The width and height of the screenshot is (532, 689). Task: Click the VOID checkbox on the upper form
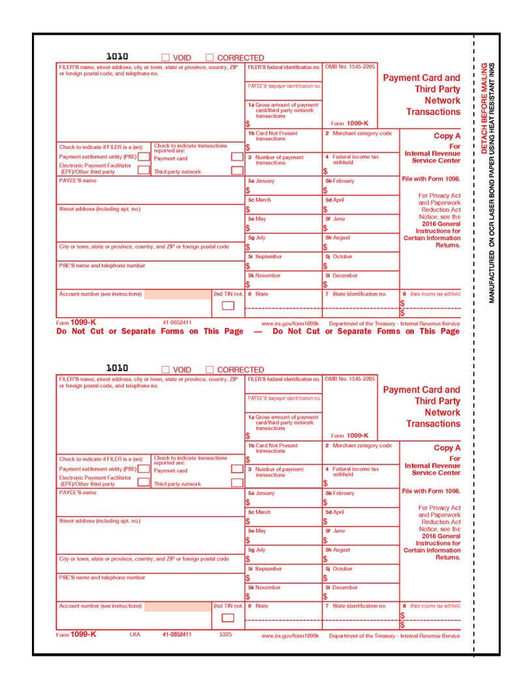pos(166,58)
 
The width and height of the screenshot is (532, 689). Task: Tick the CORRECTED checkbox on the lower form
pos(210,370)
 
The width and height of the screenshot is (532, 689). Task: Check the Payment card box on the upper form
pos(237,157)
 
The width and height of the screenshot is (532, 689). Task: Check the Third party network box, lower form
pos(237,483)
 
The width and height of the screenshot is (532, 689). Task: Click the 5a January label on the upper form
pos(261,181)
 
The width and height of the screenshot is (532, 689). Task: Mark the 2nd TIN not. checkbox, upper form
pos(228,305)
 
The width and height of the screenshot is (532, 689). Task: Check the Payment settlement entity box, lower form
pos(143,468)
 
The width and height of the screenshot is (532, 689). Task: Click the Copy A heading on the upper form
pos(447,136)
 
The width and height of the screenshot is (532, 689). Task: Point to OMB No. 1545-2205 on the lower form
pos(349,379)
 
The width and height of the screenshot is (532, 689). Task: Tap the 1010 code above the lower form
pos(117,369)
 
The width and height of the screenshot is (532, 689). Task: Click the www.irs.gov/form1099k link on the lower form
pos(289,635)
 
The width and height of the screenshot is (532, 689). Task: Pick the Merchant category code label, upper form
pos(362,134)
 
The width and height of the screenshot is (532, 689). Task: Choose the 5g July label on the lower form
pos(257,550)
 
